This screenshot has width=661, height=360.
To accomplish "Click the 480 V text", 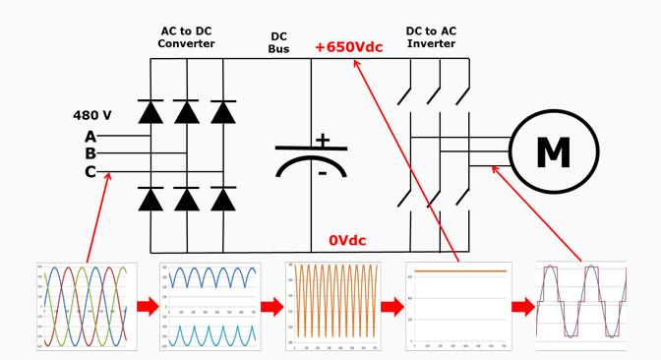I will tap(95, 115).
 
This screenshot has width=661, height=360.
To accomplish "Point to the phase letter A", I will tap(90, 136).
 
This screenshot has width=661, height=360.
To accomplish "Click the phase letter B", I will tap(90, 153).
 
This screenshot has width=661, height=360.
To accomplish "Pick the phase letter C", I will tap(90, 171).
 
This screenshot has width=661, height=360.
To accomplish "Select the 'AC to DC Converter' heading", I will tap(187, 36).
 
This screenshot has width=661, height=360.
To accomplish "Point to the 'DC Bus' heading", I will tap(278, 40).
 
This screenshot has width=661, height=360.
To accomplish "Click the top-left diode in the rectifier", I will tap(151, 111).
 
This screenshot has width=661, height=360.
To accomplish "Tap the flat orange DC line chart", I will tap(459, 306).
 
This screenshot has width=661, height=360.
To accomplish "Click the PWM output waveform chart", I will tap(580, 306).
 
